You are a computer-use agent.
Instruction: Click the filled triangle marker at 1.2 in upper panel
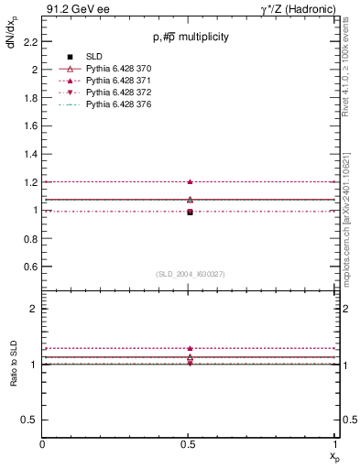pyautogui.click(x=190, y=181)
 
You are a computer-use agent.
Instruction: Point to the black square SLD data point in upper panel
pyautogui.click(x=190, y=212)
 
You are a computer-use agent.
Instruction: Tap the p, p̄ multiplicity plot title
pyautogui.click(x=191, y=38)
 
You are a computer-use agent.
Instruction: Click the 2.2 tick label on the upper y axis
pyautogui.click(x=30, y=41)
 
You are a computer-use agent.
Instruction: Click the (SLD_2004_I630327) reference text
pyautogui.click(x=190, y=274)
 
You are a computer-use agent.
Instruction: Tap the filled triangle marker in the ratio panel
pyautogui.click(x=190, y=348)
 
